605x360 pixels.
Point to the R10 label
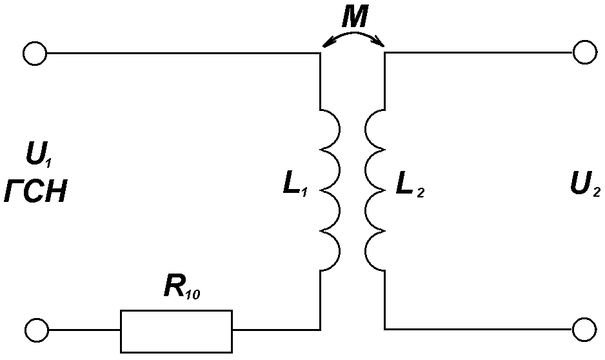pos(182,286)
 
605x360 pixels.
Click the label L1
pos(295,185)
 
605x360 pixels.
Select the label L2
pos(410,186)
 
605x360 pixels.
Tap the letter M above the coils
pos(355,17)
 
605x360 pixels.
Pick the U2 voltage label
pos(585,185)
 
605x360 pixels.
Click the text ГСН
pos(35,192)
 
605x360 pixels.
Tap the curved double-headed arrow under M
pos(354,32)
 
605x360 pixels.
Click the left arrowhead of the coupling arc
pos(326,43)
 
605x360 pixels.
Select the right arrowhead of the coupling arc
pos(380,42)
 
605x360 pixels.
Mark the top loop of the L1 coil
pos(340,129)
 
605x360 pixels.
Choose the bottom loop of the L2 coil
pos(366,251)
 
